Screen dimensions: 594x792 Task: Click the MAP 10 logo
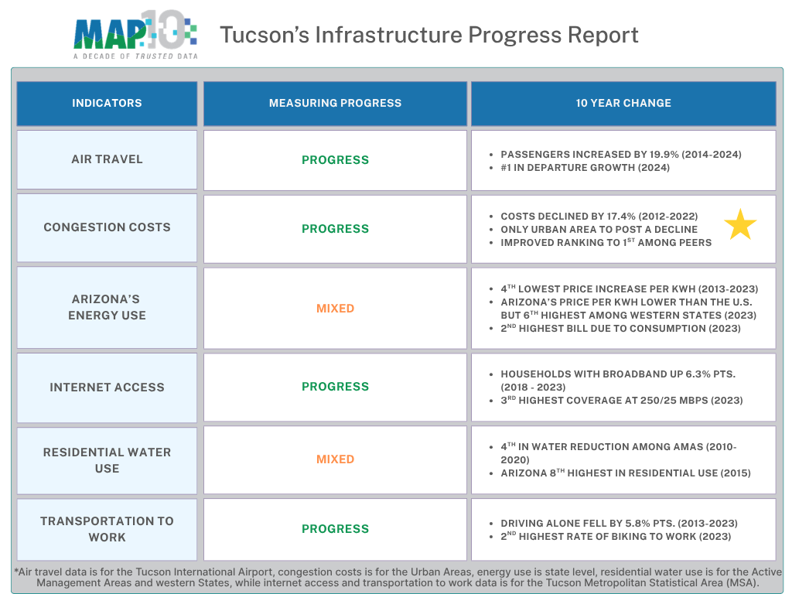click(x=135, y=36)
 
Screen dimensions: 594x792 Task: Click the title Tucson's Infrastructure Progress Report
click(x=429, y=35)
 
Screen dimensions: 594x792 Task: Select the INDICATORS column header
click(x=107, y=103)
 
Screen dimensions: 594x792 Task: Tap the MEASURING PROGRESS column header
click(x=335, y=103)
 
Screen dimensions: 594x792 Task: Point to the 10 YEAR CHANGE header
click(x=623, y=103)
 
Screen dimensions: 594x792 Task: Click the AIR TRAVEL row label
click(x=107, y=159)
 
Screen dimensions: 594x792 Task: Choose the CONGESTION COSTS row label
click(x=107, y=227)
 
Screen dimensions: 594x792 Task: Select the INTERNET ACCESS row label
click(x=107, y=387)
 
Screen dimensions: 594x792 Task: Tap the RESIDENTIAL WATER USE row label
click(x=107, y=459)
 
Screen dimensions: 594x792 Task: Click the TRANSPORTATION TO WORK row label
click(x=107, y=529)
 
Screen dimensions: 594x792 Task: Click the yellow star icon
click(x=740, y=225)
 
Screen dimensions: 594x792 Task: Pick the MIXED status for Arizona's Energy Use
click(x=335, y=309)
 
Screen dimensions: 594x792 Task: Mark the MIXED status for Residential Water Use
click(x=335, y=459)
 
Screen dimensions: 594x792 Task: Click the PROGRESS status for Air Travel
click(x=335, y=160)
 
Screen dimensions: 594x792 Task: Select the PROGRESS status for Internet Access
click(x=335, y=387)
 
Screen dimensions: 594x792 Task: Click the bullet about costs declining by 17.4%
click(x=599, y=217)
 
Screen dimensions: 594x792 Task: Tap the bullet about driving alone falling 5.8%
click(x=619, y=524)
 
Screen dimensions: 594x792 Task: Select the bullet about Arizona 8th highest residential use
click(x=625, y=473)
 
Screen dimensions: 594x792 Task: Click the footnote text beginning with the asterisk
click(x=396, y=577)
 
